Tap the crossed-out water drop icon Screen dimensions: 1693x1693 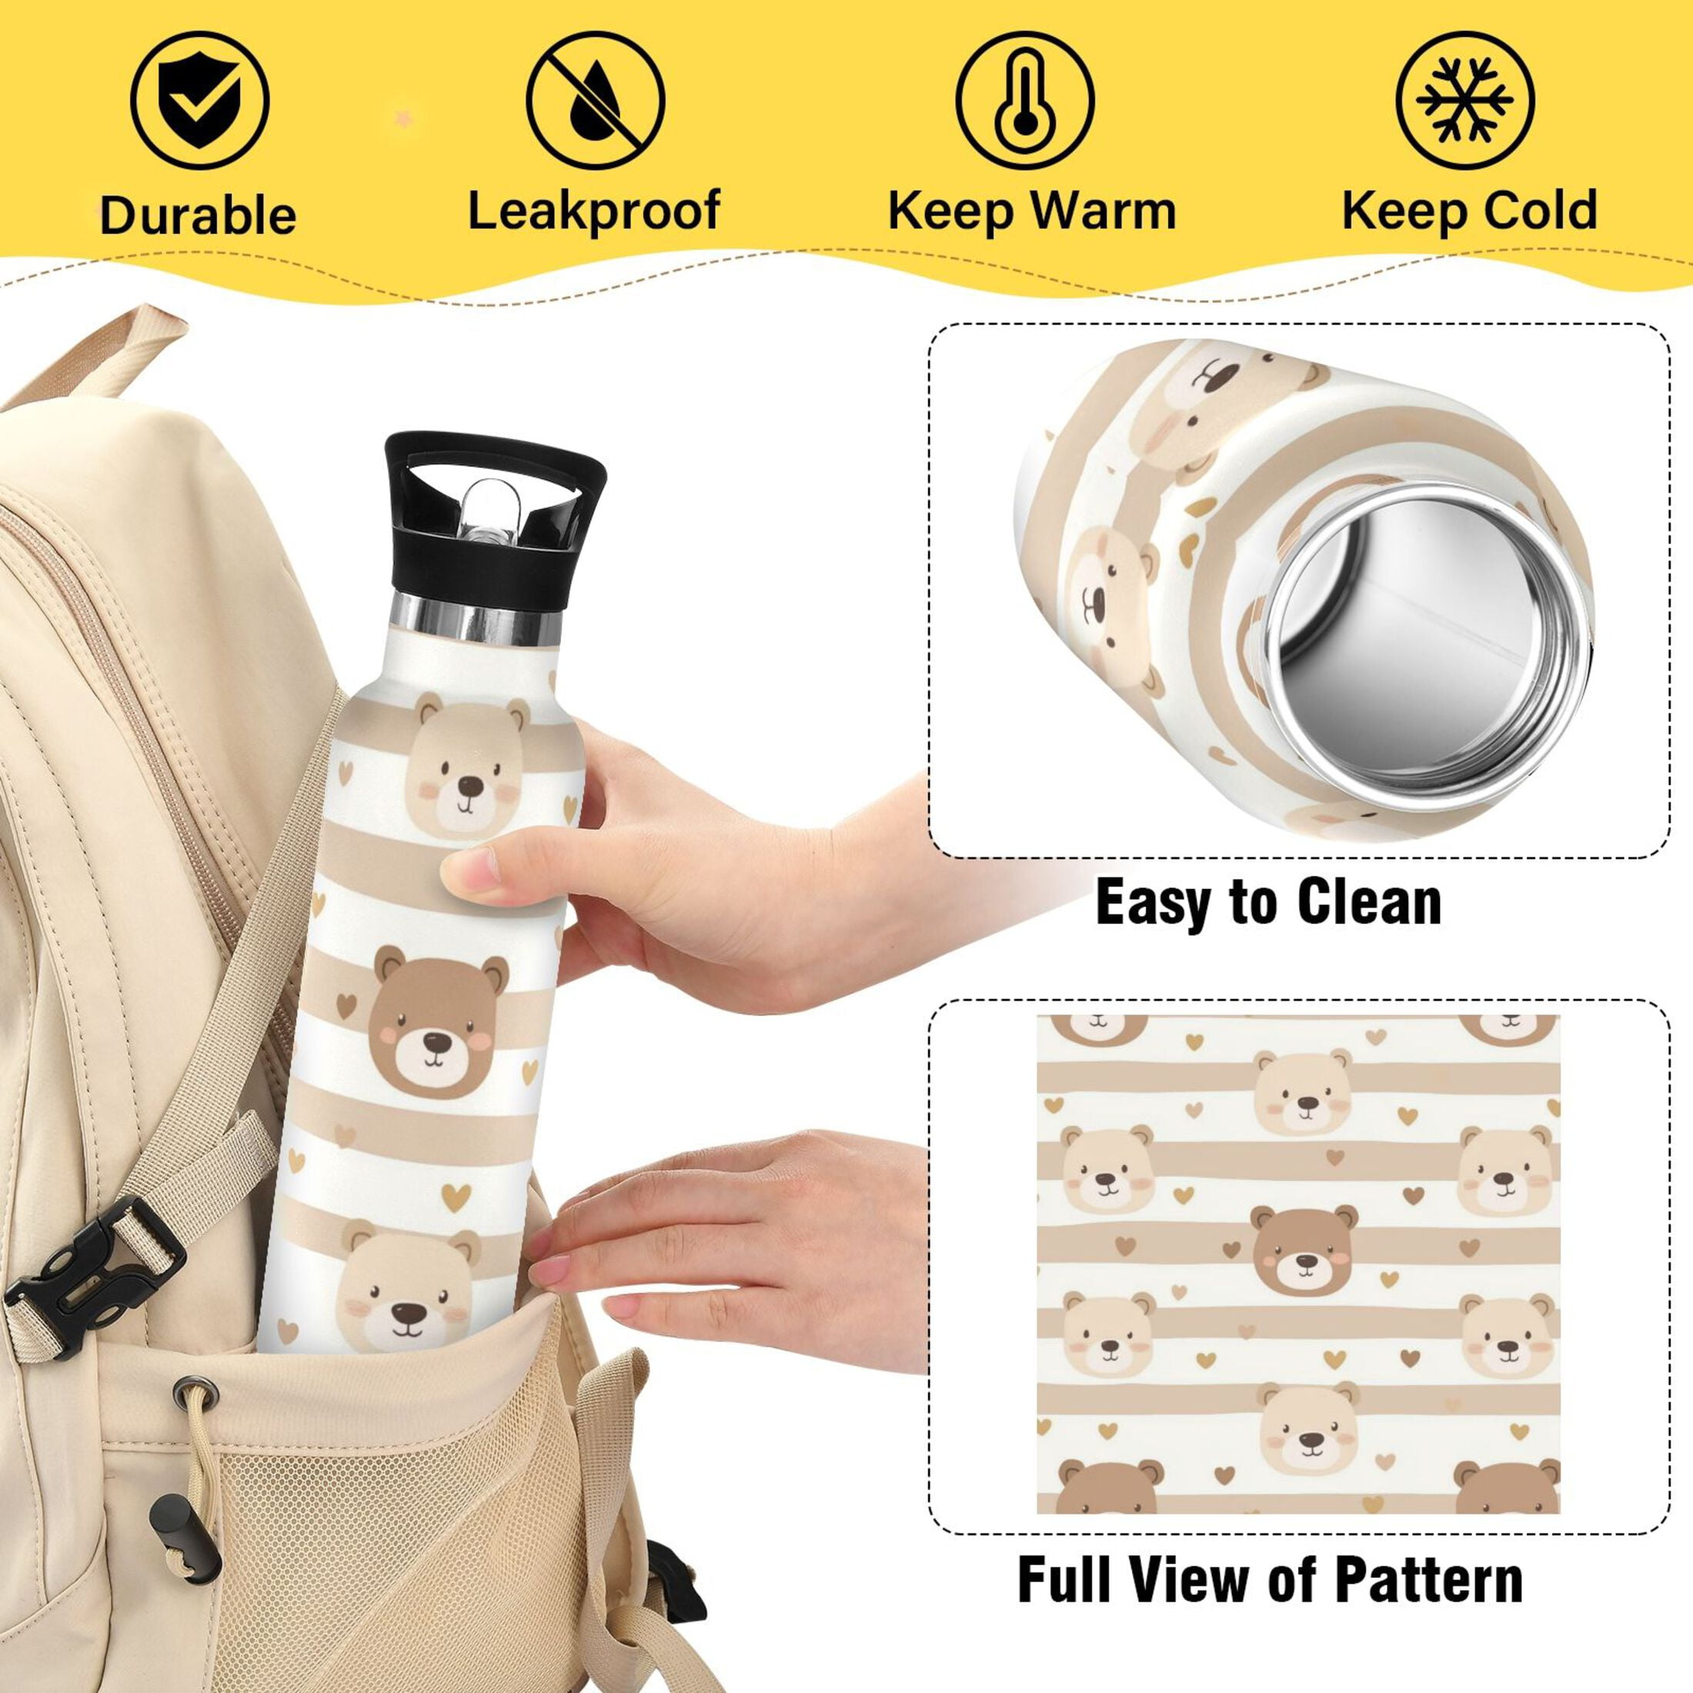click(x=595, y=100)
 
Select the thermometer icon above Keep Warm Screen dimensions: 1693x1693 click(x=1024, y=100)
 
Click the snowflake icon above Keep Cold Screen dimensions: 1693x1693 click(x=1465, y=100)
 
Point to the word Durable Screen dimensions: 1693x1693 click(x=198, y=215)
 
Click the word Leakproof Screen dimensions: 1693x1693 click(x=594, y=211)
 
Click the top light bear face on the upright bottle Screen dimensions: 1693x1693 click(x=466, y=764)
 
